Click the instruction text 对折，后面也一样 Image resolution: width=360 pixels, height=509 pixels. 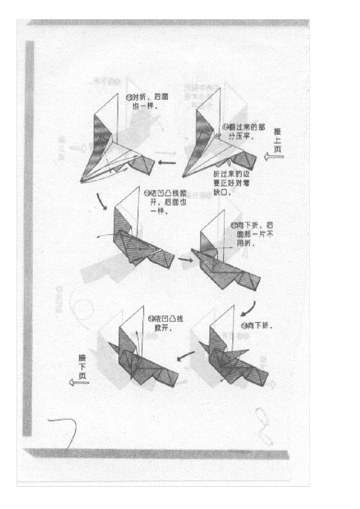[x=147, y=101]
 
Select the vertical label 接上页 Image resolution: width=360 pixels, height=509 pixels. [x=278, y=140]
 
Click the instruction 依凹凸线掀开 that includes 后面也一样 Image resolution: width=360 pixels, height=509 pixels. [x=166, y=201]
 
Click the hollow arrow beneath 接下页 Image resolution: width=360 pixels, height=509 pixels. [x=79, y=383]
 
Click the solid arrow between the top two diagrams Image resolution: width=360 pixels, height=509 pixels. [x=167, y=163]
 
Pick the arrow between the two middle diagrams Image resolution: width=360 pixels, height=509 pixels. [x=185, y=260]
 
